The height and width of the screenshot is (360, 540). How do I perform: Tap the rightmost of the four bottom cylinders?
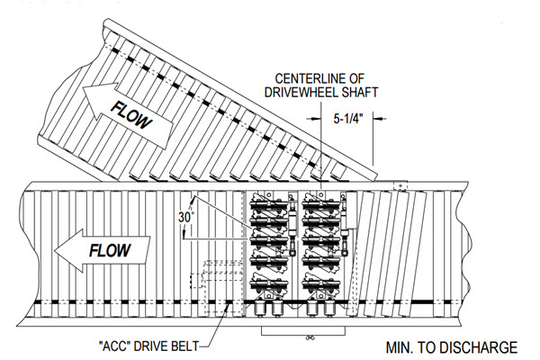coord(329,311)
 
